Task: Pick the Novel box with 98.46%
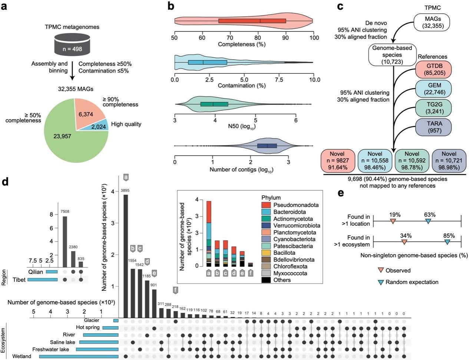point(375,160)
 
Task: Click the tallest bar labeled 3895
point(126,256)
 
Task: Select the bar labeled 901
point(154,303)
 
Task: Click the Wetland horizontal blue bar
point(79,356)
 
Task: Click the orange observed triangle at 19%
point(393,221)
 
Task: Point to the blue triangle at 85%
point(447,242)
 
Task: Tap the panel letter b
point(171,6)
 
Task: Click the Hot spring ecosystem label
point(87,327)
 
